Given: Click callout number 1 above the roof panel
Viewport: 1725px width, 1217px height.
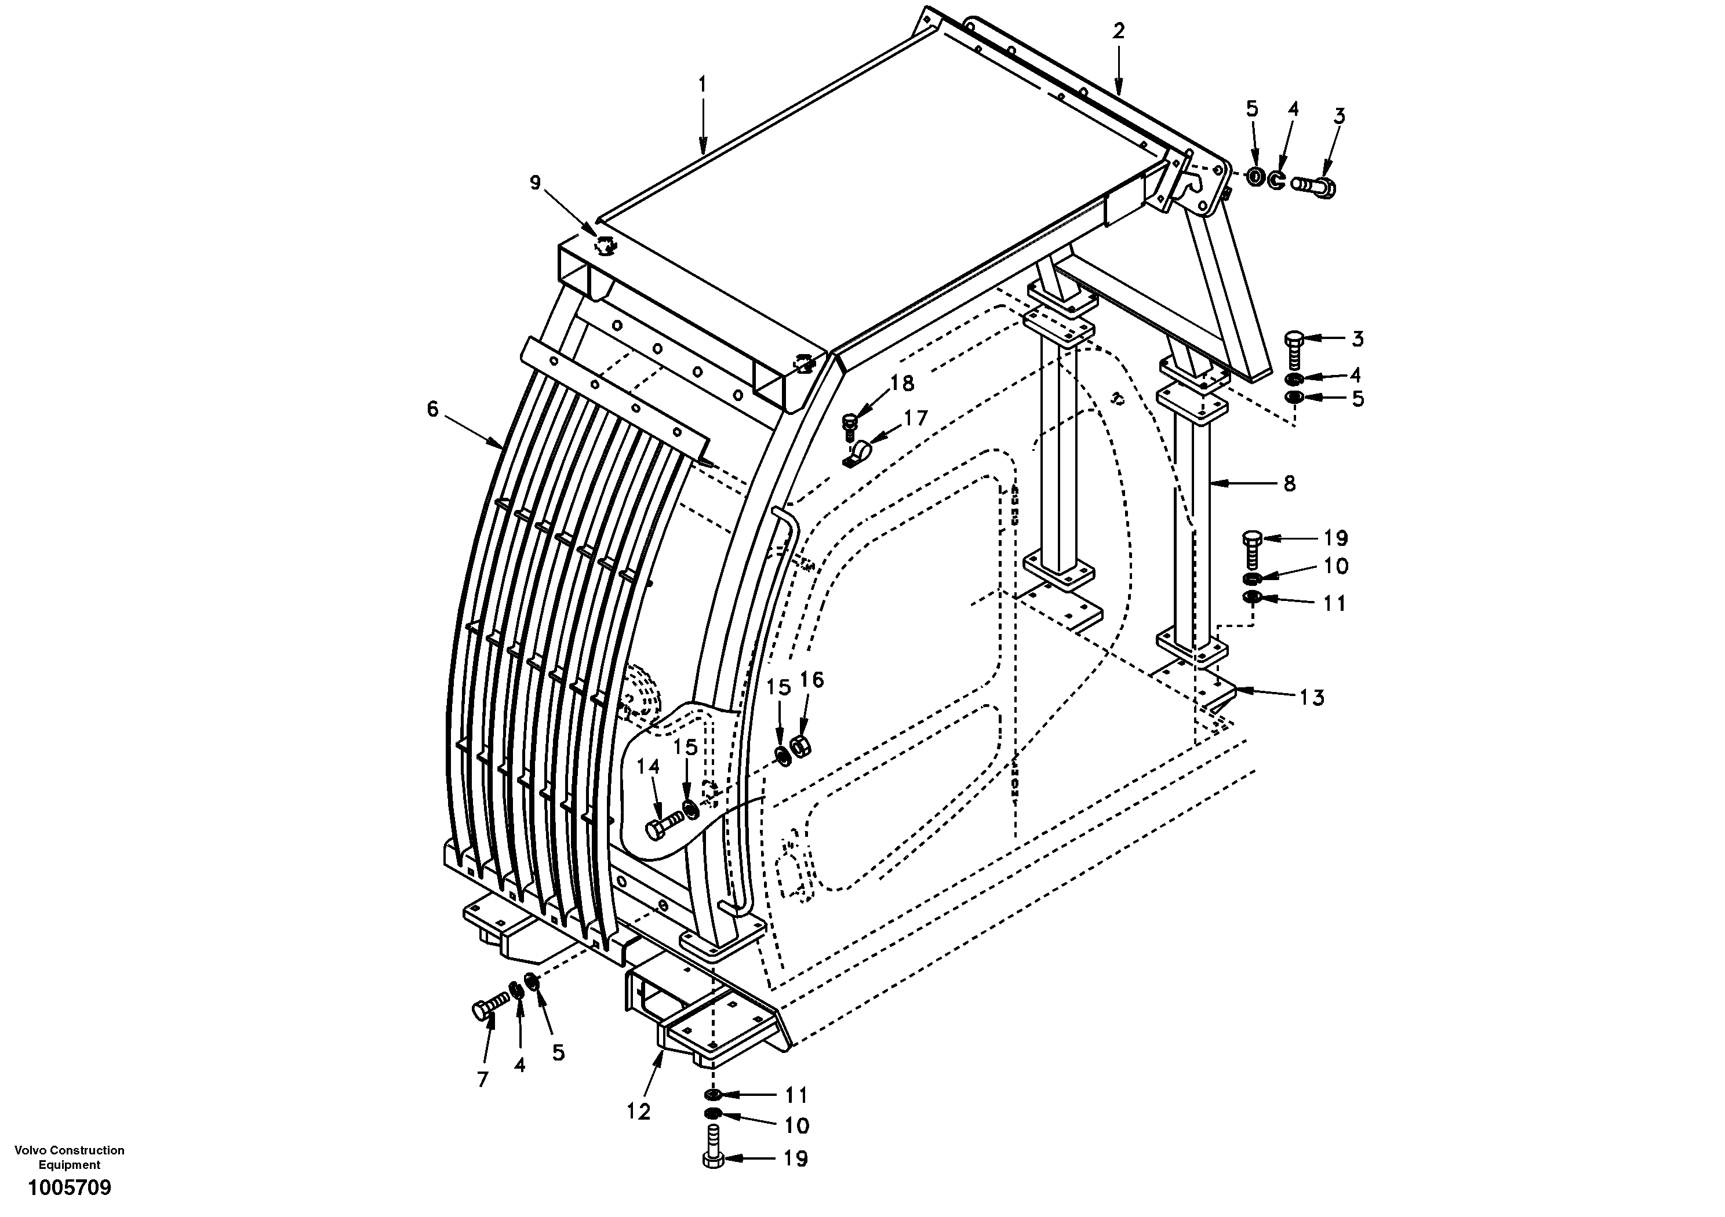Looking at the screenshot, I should [702, 85].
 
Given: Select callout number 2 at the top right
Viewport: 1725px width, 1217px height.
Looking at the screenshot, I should [1119, 31].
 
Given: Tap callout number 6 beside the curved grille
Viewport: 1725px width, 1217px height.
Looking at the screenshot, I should [432, 409].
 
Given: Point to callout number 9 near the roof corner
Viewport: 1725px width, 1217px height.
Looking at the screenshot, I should [535, 183].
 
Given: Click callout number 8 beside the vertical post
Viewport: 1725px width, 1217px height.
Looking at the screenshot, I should [1289, 484].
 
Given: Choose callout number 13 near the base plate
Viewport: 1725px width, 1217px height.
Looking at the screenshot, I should [1311, 698].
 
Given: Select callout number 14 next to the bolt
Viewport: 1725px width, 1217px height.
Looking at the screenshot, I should [647, 766].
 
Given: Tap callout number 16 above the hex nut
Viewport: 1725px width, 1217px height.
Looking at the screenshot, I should [811, 680].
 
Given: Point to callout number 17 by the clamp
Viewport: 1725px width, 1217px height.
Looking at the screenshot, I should [915, 418].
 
